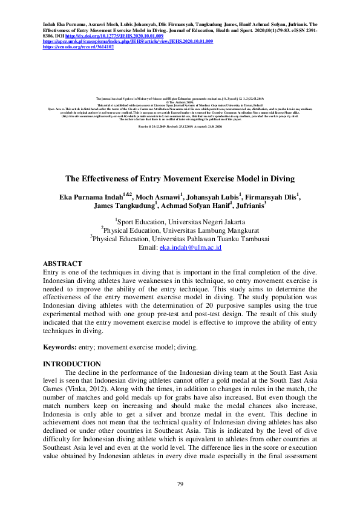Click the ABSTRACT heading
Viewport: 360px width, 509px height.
tap(62, 264)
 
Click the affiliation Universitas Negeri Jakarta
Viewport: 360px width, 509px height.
tap(204, 222)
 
